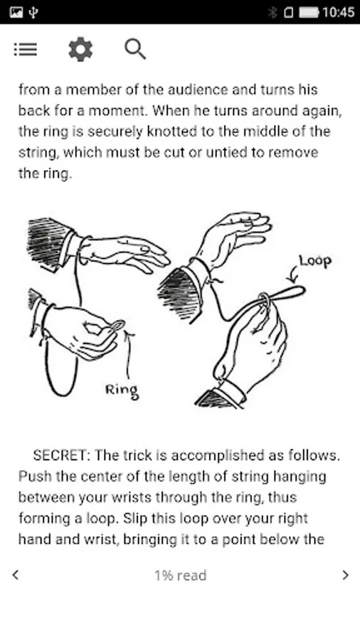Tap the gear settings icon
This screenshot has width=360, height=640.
pyautogui.click(x=80, y=49)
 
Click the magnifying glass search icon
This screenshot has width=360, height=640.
pyautogui.click(x=134, y=49)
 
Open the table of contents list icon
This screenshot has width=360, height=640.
pyautogui.click(x=25, y=49)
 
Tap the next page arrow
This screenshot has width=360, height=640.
pyautogui.click(x=346, y=575)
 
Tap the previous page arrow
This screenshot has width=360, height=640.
pyautogui.click(x=16, y=575)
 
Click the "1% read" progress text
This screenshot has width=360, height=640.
pyautogui.click(x=181, y=575)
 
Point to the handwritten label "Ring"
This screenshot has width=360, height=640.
pyautogui.click(x=121, y=389)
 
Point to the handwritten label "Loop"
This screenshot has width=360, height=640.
pyautogui.click(x=314, y=260)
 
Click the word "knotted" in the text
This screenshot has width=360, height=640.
pyautogui.click(x=164, y=132)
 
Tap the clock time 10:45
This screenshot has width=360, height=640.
pyautogui.click(x=338, y=12)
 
